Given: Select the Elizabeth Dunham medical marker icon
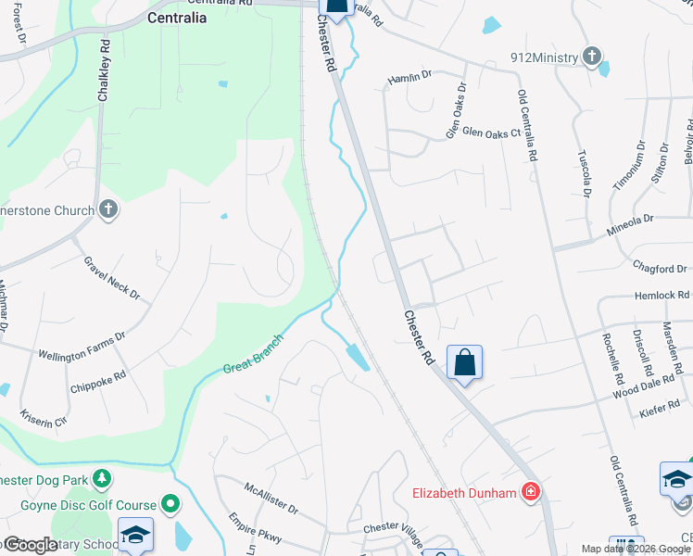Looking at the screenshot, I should pyautogui.click(x=531, y=492).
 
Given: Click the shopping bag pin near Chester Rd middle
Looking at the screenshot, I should pyautogui.click(x=464, y=362).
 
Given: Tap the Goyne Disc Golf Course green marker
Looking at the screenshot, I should pyautogui.click(x=170, y=504).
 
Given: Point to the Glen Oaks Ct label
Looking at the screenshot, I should pyautogui.click(x=491, y=133).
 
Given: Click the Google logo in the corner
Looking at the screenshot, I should pyautogui.click(x=31, y=545).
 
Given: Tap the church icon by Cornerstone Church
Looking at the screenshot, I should pyautogui.click(x=107, y=209).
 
